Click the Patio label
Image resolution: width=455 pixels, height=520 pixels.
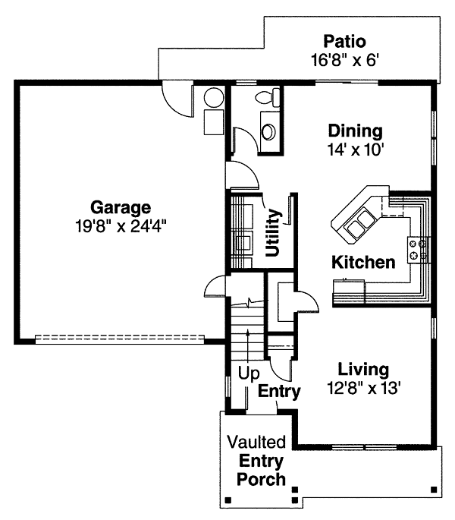(x=344, y=42)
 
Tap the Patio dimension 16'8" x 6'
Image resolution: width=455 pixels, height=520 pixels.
(x=344, y=61)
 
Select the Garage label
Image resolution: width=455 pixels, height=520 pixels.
(x=121, y=208)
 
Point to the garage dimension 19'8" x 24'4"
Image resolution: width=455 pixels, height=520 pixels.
(x=121, y=227)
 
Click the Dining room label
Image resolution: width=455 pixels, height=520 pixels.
(x=355, y=131)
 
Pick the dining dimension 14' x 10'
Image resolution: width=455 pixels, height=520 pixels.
(x=356, y=150)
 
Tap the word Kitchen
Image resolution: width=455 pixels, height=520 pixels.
(x=363, y=263)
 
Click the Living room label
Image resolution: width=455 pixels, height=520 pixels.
(x=363, y=370)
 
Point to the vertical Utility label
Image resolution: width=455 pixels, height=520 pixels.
(x=273, y=232)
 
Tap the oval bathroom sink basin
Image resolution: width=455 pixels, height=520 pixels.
(x=268, y=131)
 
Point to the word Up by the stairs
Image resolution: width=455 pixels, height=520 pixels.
(x=249, y=373)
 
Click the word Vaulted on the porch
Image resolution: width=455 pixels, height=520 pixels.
(x=256, y=442)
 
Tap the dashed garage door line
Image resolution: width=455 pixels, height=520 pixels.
(x=120, y=339)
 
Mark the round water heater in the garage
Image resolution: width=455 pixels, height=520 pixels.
(x=214, y=97)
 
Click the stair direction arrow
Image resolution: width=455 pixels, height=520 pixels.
(x=247, y=345)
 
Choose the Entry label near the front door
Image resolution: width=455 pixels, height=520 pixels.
(x=279, y=391)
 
